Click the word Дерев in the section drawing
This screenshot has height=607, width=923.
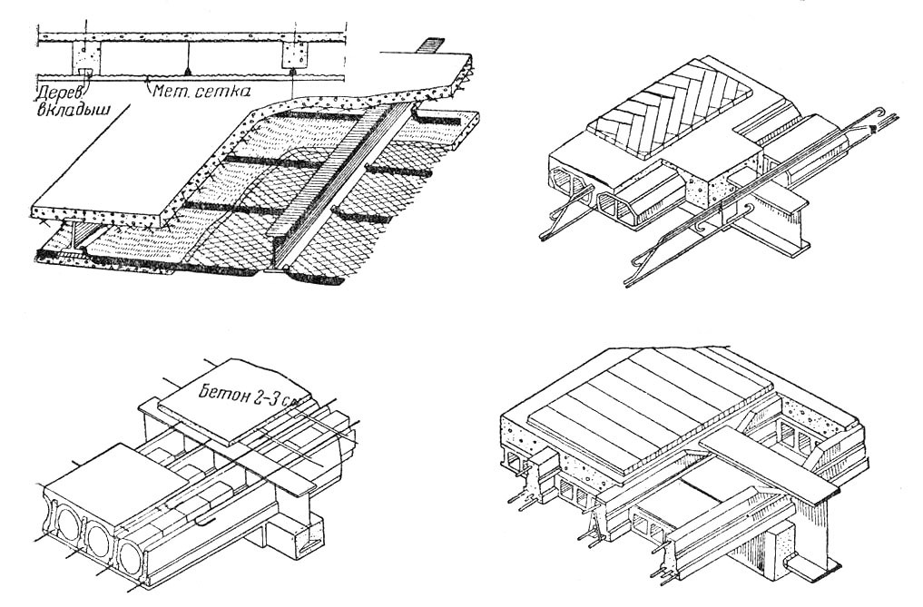coord(57,92)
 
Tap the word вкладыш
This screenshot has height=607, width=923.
coord(61,107)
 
